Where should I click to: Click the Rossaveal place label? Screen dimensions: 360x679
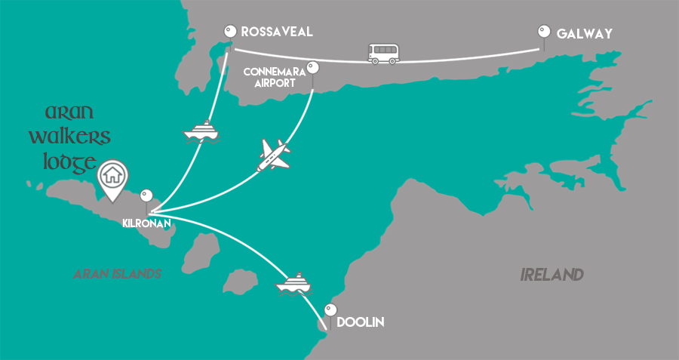point(276,32)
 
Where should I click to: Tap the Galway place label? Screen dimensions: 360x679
point(584,34)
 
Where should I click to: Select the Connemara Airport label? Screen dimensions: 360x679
point(273,77)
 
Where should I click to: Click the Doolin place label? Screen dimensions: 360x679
point(361,322)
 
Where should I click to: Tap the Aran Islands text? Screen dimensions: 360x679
point(118,274)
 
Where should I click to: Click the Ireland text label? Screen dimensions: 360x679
point(552,275)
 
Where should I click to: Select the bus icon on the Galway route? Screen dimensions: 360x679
point(383,53)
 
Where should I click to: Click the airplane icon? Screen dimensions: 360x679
point(273,154)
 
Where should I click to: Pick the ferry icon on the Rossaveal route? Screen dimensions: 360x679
point(201,132)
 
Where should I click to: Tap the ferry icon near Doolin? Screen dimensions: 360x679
point(294,284)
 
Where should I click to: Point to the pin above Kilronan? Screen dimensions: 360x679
point(146,195)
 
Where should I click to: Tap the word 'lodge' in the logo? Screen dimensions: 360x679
point(61,162)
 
